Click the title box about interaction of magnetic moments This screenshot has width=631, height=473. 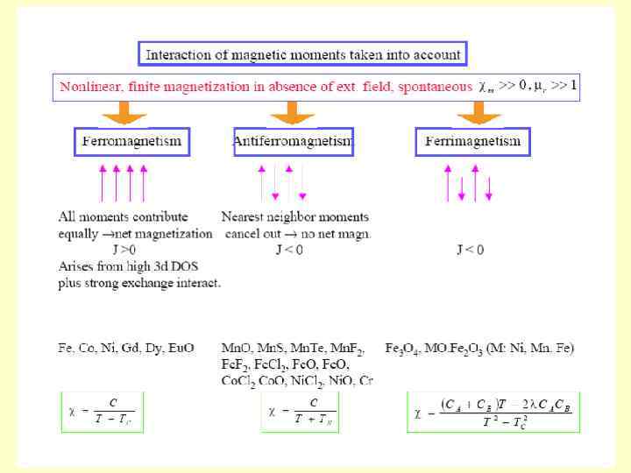302,54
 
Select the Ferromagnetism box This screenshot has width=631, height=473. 131,141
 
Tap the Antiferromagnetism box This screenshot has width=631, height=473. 293,141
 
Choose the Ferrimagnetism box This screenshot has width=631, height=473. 472,141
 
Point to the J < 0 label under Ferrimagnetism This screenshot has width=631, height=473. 470,250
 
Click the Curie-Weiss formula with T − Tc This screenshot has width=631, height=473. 102,410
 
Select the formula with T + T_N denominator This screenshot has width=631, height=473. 300,410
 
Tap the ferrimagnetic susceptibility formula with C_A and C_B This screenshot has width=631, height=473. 493,410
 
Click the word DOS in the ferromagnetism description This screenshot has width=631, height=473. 166,266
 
